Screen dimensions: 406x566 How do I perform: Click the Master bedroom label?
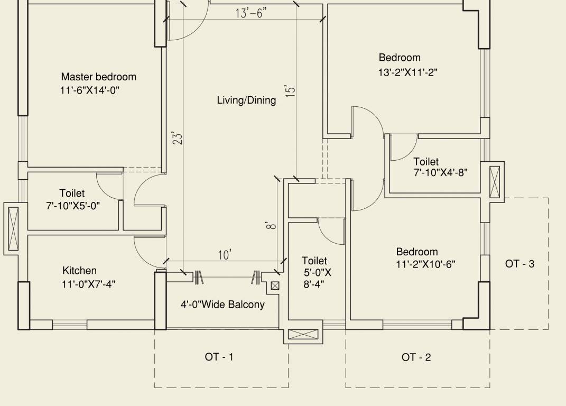(98, 77)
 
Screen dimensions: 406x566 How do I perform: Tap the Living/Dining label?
(246, 100)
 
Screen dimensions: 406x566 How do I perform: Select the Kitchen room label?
(79, 271)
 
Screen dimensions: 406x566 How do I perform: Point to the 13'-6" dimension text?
(251, 13)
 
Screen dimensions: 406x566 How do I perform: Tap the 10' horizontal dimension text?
(225, 255)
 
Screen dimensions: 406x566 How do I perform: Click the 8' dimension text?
(271, 226)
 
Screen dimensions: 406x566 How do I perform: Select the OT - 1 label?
(219, 357)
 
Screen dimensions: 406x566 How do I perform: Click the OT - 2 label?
(416, 358)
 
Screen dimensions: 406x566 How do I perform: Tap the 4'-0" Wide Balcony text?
(222, 304)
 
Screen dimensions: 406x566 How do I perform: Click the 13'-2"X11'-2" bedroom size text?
(407, 72)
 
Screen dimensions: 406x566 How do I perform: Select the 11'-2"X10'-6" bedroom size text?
(426, 264)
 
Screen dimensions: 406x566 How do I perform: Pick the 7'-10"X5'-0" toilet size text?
(73, 205)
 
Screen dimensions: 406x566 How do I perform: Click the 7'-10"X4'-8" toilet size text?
(440, 172)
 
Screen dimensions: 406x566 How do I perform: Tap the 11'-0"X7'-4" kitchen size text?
(88, 284)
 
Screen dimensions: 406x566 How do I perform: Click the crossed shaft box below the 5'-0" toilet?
(303, 335)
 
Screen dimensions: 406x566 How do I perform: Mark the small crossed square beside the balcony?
(275, 286)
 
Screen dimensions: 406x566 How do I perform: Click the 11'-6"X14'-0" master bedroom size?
(90, 90)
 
